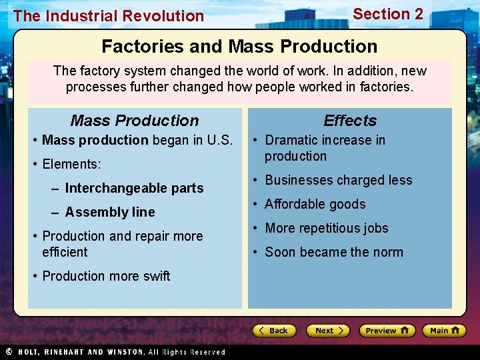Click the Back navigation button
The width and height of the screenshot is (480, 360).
(274, 331)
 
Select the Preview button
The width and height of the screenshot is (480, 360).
(387, 331)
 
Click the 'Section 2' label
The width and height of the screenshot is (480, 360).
(388, 14)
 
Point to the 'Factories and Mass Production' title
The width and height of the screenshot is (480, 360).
(239, 47)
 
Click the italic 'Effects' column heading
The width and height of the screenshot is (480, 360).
(350, 121)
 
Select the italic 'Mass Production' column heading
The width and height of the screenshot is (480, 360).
(135, 121)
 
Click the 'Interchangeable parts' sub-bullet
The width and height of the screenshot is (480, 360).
(134, 188)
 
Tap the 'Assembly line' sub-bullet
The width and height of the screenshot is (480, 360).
(110, 212)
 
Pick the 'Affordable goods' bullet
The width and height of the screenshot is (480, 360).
(315, 204)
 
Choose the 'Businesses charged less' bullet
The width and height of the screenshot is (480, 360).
(338, 180)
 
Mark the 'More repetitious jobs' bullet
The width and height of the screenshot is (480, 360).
(326, 228)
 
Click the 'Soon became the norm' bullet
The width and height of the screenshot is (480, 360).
(333, 252)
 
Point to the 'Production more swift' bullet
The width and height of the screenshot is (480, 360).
(106, 276)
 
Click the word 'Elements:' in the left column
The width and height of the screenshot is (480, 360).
(71, 164)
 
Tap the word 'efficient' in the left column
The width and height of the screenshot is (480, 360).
(65, 252)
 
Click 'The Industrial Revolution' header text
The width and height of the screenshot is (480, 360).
(109, 16)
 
